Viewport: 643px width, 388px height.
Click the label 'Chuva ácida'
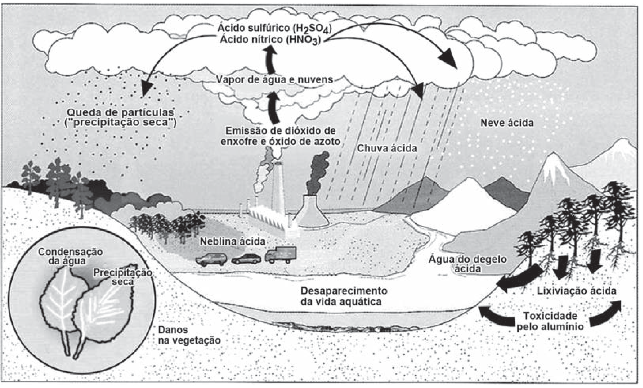[387, 148]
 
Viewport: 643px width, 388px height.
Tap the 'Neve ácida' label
[507, 123]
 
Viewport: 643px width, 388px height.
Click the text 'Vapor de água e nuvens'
[274, 79]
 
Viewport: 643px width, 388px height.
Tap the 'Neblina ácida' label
[232, 241]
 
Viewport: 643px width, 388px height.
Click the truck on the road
[280, 255]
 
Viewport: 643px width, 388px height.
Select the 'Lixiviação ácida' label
[577, 291]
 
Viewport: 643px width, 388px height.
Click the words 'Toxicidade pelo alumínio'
[550, 321]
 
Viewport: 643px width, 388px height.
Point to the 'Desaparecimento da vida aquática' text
[344, 296]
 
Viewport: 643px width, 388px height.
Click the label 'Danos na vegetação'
[189, 335]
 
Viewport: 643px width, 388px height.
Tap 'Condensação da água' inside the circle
[70, 256]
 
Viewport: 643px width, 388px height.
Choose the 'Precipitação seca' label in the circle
[122, 277]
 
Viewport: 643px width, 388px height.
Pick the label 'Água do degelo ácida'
[468, 264]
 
